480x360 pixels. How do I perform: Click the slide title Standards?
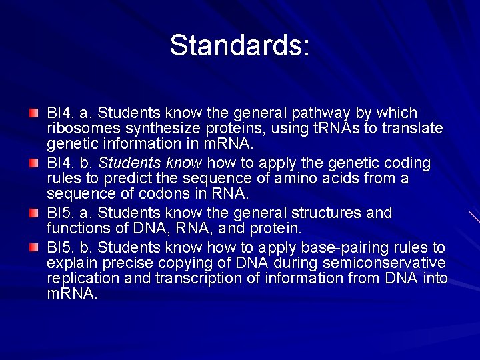tap(239, 45)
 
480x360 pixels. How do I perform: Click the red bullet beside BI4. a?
tap(34, 113)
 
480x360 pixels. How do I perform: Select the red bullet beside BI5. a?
tap(34, 213)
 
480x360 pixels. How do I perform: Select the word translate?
tap(411, 128)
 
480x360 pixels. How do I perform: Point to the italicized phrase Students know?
tap(151, 163)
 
